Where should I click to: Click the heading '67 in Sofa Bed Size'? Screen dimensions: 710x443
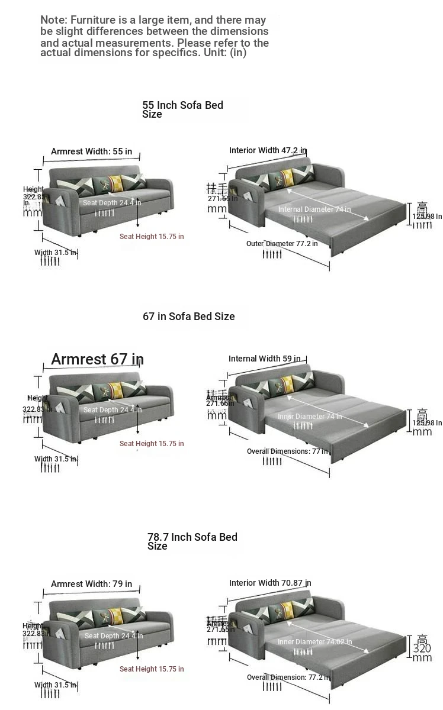tap(188, 317)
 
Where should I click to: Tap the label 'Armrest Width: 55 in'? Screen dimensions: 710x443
tap(91, 151)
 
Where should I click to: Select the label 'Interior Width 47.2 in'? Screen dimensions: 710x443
tap(268, 150)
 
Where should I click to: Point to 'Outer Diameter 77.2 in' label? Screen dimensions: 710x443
tap(282, 244)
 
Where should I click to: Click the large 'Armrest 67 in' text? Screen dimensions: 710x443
tap(97, 359)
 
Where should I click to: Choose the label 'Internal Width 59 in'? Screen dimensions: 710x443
tap(264, 359)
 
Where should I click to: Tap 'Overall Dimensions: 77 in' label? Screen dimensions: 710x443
tap(287, 451)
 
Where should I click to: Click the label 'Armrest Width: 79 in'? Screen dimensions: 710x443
tap(91, 584)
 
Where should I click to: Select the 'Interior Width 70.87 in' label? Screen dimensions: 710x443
tap(270, 583)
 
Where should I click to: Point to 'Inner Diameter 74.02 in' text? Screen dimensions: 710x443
tap(314, 642)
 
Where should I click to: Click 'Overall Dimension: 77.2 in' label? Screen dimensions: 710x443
tap(288, 677)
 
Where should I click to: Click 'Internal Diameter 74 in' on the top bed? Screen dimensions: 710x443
tap(314, 209)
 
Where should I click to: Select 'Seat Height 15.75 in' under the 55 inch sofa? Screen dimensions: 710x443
tap(152, 237)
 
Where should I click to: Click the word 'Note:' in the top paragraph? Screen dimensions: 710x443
tap(53, 20)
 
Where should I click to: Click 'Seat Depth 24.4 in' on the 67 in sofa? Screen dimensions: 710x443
tap(113, 410)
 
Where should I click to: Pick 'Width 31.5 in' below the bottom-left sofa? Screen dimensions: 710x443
tap(56, 685)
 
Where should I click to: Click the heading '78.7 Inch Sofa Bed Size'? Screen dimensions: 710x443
tap(192, 541)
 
